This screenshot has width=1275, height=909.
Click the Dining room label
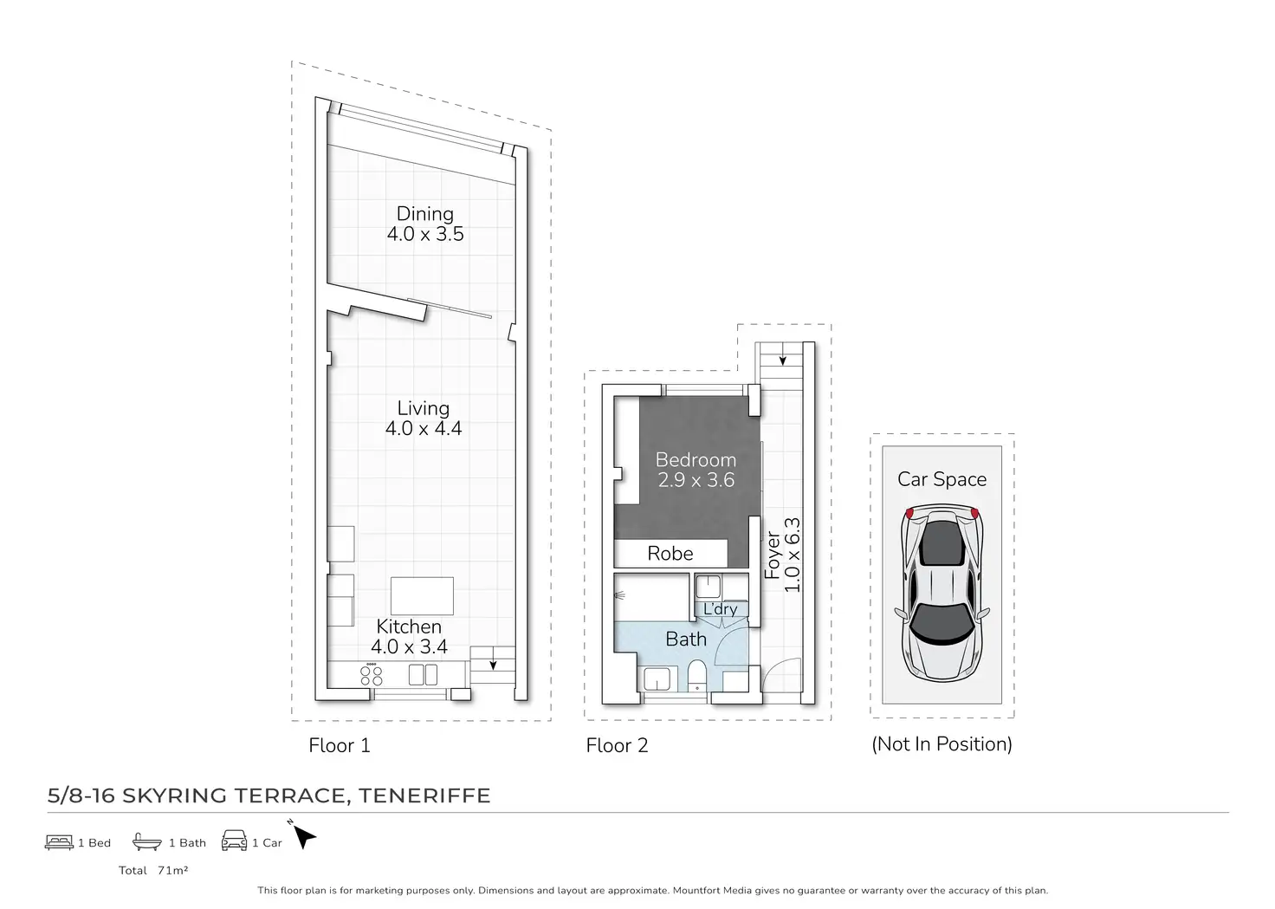pos(424,213)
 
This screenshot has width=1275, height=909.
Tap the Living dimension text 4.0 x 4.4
pos(424,428)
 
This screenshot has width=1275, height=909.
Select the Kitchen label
pos(409,627)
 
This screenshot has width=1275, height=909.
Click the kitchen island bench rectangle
pos(422,596)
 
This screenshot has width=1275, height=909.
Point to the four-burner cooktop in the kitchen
pos(371,675)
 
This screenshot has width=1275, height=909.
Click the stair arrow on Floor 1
pos(493,665)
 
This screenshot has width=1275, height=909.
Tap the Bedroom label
pos(696,460)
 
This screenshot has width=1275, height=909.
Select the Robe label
pos(670,554)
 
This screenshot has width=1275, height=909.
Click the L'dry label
pos(720,608)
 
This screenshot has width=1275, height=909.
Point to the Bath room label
pos(686,640)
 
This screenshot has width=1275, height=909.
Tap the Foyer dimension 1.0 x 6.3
pos(792,555)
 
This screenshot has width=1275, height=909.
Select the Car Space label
pos(942,479)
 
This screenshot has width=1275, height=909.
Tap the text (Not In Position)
pos(942,743)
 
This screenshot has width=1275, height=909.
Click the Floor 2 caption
pos(617,745)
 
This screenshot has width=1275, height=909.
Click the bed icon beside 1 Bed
pos(59,842)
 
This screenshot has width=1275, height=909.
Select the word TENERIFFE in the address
pos(424,795)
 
